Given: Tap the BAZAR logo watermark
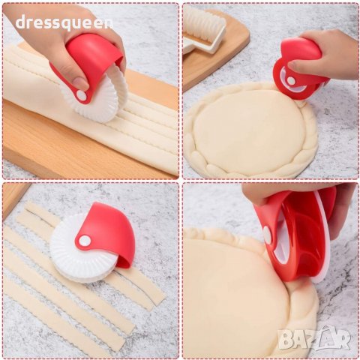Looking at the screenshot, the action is pyautogui.click(x=314, y=337).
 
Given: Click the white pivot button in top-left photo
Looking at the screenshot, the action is pyautogui.click(x=81, y=95).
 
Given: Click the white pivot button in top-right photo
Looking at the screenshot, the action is pyautogui.click(x=291, y=80).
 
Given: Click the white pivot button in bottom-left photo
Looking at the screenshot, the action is pyautogui.click(x=85, y=241).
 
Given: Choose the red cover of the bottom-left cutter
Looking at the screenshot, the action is pyautogui.click(x=106, y=234).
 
